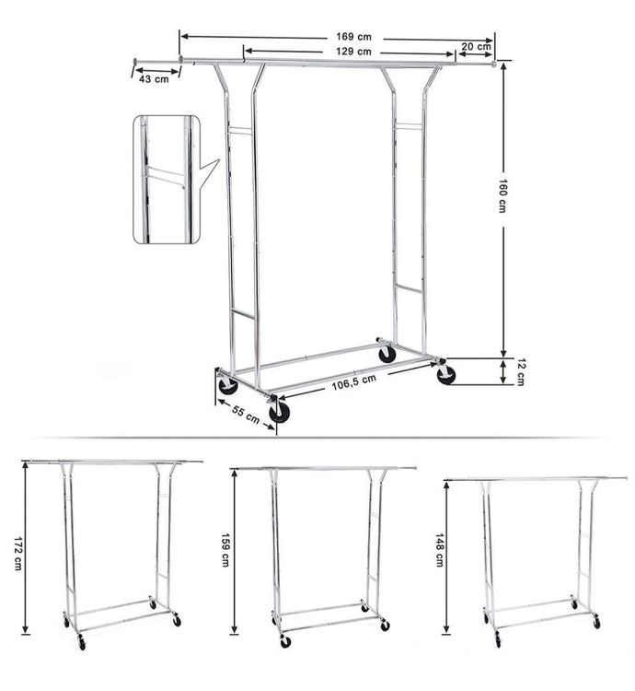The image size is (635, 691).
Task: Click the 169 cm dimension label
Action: coord(353,37)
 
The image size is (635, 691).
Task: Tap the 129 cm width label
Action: coord(353,52)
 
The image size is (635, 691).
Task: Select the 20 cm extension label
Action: coord(477,46)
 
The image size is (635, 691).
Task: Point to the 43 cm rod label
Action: coord(154,79)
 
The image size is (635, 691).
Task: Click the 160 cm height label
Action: coord(502,195)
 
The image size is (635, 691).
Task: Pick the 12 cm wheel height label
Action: coord(520,372)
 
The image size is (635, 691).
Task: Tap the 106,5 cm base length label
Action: coord(354,382)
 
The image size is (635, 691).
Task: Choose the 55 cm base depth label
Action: coord(246,415)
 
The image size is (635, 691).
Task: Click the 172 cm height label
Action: coord(18,554)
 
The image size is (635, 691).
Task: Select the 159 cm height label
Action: coord(225,550)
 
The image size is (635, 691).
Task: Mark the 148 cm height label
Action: coord(439,550)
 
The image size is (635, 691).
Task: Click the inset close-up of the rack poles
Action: coord(167,179)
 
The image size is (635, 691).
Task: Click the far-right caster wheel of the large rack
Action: coord(445,374)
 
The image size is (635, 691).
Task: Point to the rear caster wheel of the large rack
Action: coord(387,354)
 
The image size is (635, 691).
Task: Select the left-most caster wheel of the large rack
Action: coord(228,386)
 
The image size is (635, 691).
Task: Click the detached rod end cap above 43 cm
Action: coord(134,61)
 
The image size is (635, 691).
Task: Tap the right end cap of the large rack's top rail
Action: coord(494,64)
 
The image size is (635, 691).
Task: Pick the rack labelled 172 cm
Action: coord(112,554)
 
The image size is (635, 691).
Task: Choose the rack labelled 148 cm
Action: coord(536,561)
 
